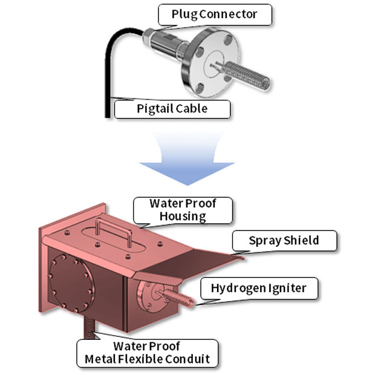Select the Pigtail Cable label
coord(172,109)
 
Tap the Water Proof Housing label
coord(182,210)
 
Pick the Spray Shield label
coord(284,241)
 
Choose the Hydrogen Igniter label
coord(259,289)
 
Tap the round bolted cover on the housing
coord(69,282)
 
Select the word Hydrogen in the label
coord(236,289)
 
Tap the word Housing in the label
coord(182,216)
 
